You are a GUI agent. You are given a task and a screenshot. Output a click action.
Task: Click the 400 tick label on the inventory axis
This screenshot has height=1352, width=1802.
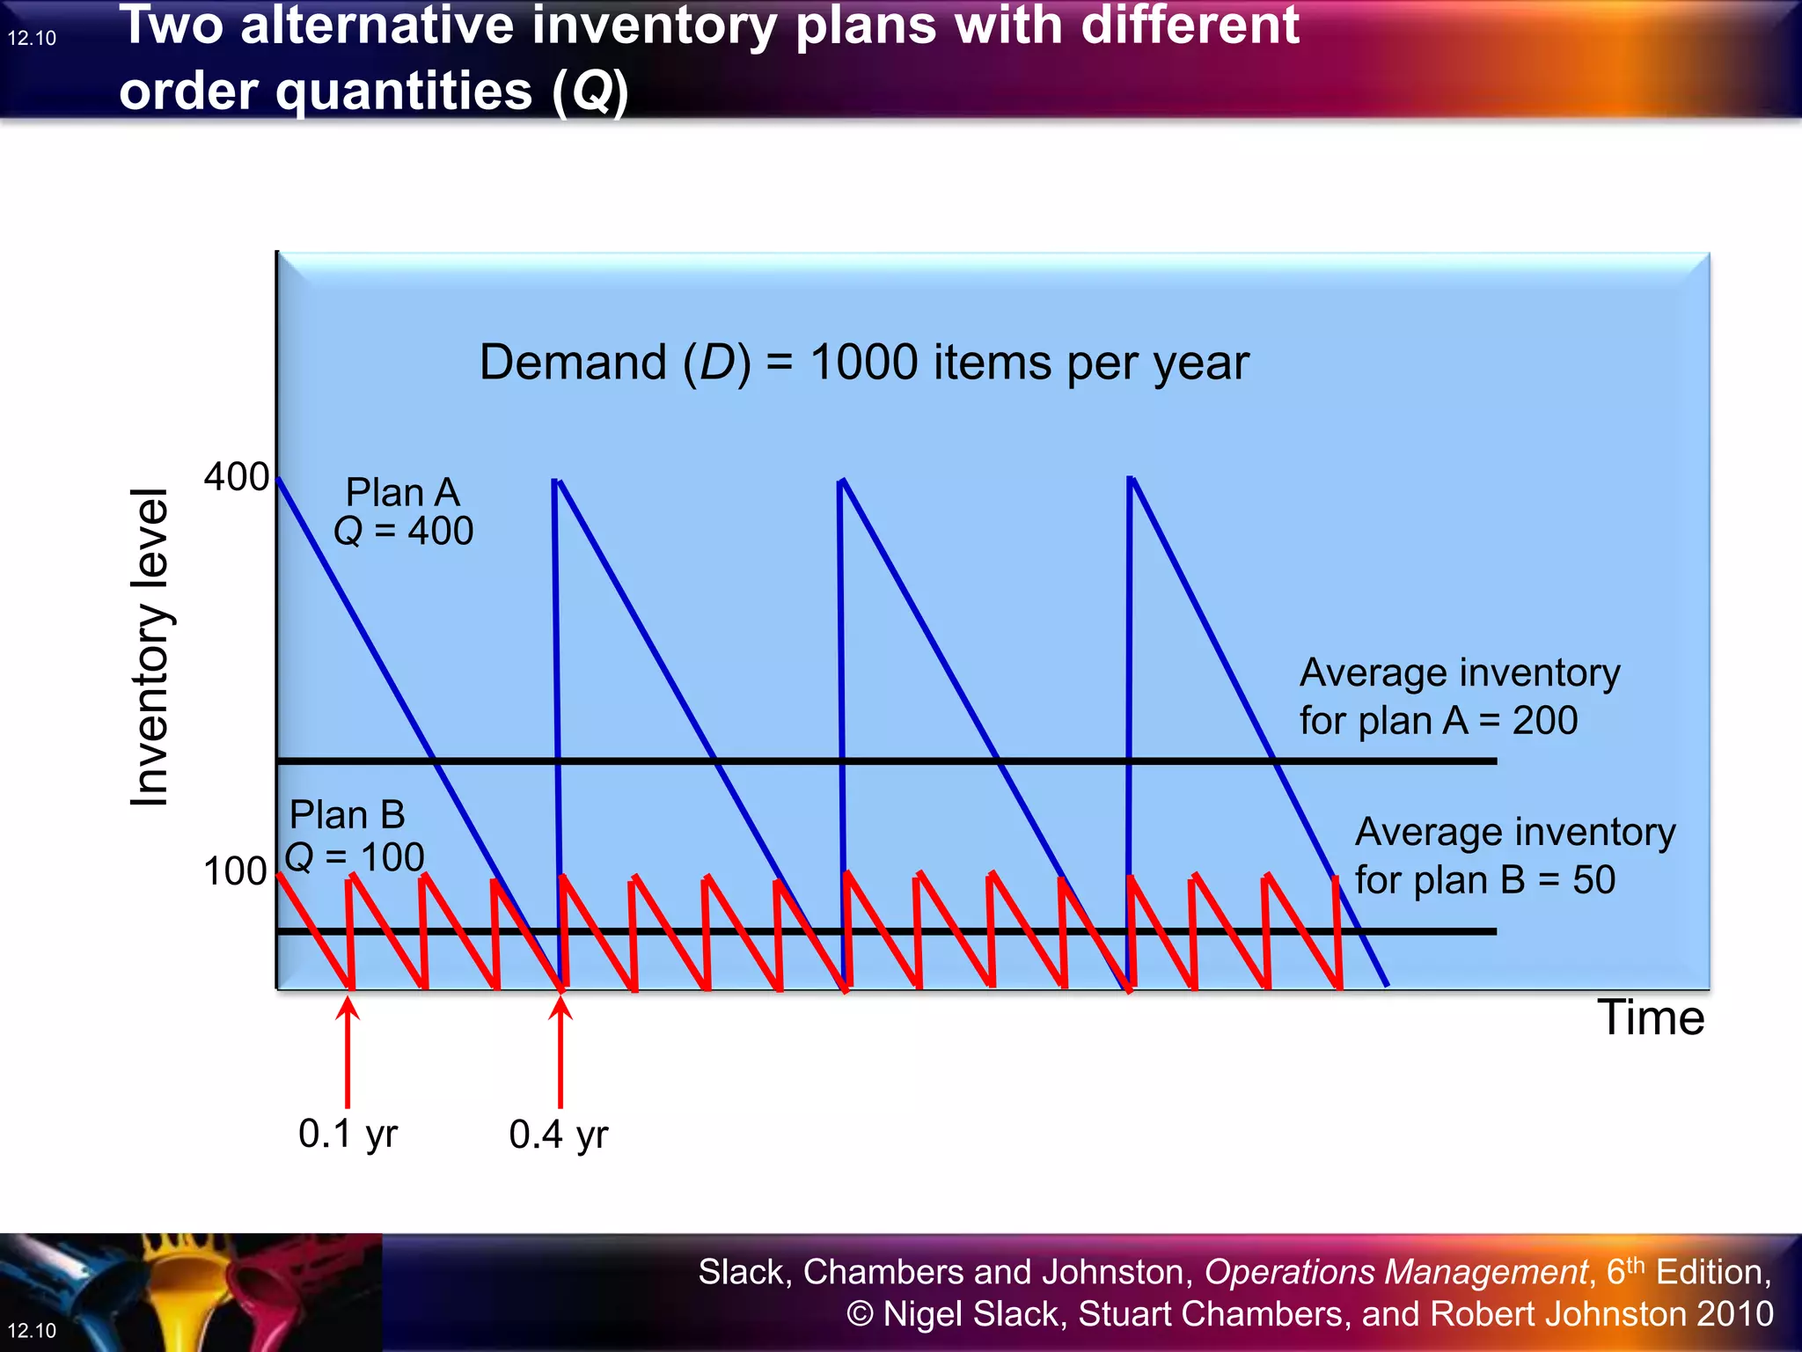[236, 477]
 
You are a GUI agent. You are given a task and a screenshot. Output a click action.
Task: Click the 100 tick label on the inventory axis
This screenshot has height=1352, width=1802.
[234, 871]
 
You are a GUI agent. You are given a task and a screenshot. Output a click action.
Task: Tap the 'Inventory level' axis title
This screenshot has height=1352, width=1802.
[150, 647]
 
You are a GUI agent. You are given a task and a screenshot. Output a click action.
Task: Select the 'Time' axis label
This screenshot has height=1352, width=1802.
[1651, 1018]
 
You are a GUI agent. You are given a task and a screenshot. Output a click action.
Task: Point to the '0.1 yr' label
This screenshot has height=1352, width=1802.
[348, 1134]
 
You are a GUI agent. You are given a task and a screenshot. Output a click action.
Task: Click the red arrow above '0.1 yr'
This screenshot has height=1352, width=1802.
[348, 1052]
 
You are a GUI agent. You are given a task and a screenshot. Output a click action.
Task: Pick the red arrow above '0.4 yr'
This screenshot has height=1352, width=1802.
[560, 1052]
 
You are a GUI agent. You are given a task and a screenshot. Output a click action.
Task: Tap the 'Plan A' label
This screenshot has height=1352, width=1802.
[402, 492]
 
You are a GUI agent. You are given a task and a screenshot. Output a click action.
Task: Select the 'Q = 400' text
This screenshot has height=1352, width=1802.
[404, 531]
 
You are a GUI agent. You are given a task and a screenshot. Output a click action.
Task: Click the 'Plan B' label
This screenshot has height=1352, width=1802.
[347, 815]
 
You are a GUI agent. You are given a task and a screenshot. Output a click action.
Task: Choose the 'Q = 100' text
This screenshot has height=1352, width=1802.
[355, 856]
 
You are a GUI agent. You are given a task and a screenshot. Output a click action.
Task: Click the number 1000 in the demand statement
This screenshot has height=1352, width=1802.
[864, 363]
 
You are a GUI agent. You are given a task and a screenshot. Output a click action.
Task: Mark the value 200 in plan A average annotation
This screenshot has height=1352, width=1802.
[1544, 721]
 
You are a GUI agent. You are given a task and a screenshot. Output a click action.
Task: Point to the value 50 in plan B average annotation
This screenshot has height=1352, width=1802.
[1593, 880]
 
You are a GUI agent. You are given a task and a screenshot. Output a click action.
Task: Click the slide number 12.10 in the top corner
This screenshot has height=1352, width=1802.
[32, 38]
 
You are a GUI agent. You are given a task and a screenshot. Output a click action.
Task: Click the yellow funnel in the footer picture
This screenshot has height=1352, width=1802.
[189, 1294]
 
